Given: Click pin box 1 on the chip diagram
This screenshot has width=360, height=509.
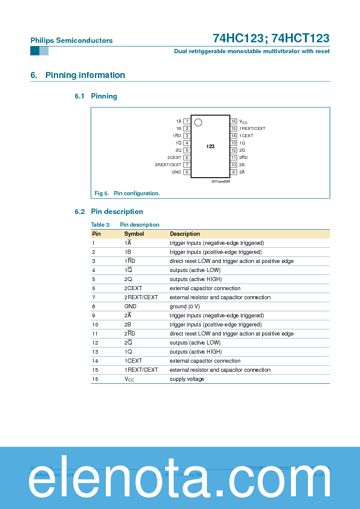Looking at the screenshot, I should tap(187, 122).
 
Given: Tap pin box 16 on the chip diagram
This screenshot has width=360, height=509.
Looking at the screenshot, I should tap(234, 122).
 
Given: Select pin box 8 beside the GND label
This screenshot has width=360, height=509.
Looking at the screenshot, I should tap(187, 172).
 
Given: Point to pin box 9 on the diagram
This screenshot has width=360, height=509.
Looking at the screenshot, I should tap(234, 172).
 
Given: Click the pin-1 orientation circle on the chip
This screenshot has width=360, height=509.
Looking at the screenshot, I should tap(198, 123).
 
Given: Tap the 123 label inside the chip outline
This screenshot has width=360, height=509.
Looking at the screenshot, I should tap(210, 147).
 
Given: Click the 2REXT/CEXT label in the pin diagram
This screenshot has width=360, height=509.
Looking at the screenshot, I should tap(168, 165).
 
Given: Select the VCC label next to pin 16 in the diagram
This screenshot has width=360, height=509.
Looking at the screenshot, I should tap(243, 122).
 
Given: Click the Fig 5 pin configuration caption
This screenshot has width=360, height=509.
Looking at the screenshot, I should tap(128, 193).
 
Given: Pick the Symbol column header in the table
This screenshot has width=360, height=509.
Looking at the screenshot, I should tap(134, 234).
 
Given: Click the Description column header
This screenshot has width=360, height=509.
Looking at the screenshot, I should tap(185, 234).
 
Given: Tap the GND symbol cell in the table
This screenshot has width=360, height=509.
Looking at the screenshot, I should tap(131, 306).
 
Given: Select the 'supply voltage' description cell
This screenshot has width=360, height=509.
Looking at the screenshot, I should tap(187, 379).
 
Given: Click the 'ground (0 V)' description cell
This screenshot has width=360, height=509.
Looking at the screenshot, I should tap(186, 306).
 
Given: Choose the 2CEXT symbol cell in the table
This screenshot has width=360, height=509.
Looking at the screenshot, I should tap(133, 288).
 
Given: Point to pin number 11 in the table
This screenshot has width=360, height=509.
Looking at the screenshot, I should tap(95, 334).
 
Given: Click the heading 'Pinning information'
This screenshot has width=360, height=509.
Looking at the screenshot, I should tap(85, 76).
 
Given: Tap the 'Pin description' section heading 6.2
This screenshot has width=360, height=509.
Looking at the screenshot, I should tap(117, 212).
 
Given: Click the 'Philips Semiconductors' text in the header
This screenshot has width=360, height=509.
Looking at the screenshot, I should tap(71, 41).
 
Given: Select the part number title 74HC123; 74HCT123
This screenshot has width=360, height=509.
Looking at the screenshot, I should tap(270, 38).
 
